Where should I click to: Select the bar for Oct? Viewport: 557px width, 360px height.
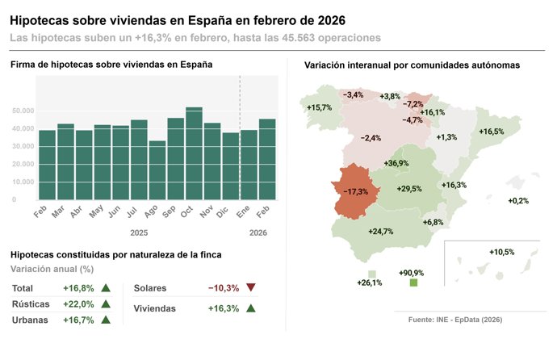194,153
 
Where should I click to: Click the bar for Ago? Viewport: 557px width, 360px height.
157,170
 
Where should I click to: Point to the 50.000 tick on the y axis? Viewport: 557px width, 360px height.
23,111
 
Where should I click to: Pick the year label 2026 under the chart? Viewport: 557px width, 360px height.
258,232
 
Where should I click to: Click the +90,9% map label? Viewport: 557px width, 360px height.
412,273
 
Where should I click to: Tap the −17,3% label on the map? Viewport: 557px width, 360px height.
356,191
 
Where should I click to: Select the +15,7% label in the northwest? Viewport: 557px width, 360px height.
320,107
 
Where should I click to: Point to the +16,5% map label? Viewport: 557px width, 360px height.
492,132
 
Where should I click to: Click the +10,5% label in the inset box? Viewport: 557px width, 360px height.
501,252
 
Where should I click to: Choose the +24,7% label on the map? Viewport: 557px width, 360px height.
381,232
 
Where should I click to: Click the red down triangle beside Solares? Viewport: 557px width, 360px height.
250,287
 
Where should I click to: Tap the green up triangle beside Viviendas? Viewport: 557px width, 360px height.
250,308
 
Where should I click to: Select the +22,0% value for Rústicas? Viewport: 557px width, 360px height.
78,304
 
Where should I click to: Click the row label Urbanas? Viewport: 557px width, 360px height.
31,320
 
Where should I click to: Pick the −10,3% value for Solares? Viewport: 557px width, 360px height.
222,287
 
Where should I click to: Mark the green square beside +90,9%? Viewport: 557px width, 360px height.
414,283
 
